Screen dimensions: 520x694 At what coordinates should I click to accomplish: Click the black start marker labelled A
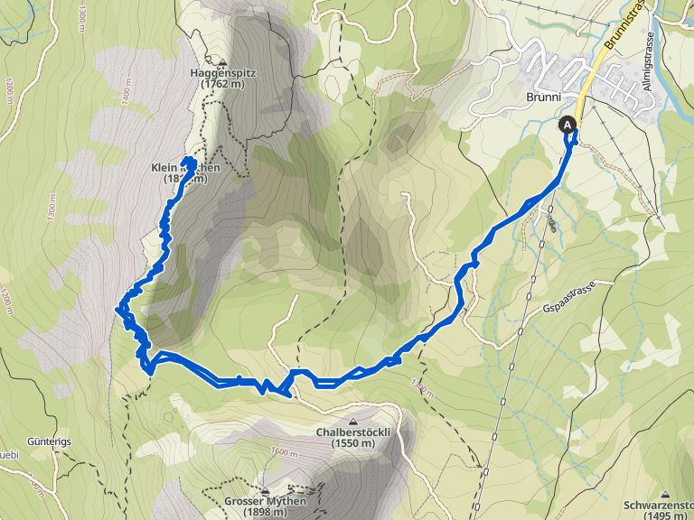[567, 125]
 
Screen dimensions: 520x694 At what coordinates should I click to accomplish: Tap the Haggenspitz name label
[221, 72]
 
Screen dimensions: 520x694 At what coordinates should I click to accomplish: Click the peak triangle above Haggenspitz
[222, 61]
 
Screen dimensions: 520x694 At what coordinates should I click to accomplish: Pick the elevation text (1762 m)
[222, 84]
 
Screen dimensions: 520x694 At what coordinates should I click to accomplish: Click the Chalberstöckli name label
[352, 432]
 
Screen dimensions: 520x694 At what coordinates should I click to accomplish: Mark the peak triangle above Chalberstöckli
[352, 421]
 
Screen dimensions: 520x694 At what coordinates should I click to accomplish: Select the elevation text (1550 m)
[352, 443]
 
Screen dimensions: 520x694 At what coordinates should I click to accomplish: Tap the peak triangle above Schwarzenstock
[665, 494]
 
